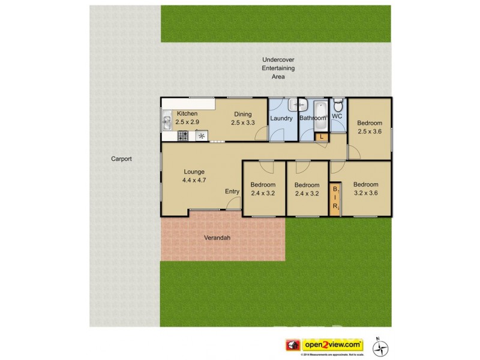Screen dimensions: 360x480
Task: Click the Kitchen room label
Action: tap(187, 114)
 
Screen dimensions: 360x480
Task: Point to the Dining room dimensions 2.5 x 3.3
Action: tap(243, 123)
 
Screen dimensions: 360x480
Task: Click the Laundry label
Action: tap(281, 118)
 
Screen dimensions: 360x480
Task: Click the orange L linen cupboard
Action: tap(322, 137)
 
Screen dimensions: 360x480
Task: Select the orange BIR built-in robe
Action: tap(335, 199)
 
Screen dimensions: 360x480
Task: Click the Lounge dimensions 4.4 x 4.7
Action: tap(194, 179)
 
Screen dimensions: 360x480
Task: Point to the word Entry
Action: tap(232, 192)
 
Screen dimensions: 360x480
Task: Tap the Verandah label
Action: tap(218, 238)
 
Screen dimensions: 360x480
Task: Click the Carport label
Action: tap(121, 159)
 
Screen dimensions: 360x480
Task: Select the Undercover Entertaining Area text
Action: tap(278, 69)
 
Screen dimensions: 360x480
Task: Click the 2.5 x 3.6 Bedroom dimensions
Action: tap(370, 131)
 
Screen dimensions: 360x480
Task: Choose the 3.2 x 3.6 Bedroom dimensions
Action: tap(365, 193)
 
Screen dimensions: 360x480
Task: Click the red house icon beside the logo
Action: tap(293, 345)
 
